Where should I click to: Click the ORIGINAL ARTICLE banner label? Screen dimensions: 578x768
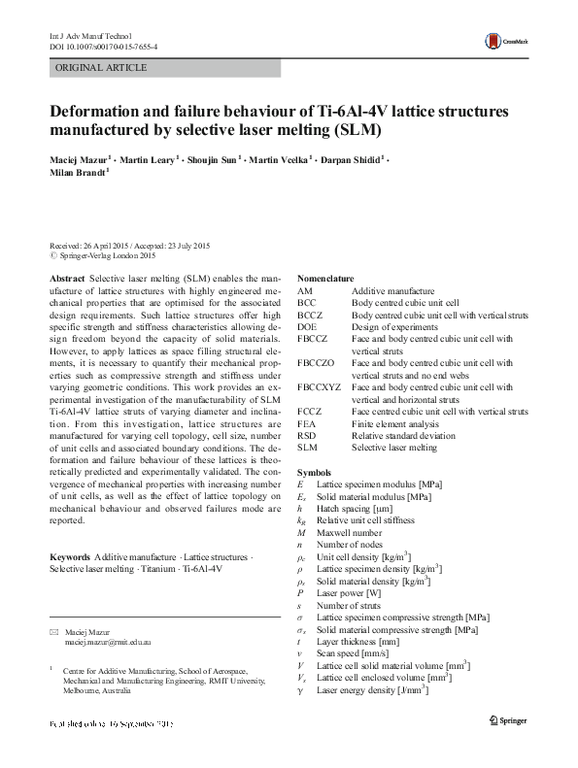102,68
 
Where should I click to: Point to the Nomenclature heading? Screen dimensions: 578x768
324,279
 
